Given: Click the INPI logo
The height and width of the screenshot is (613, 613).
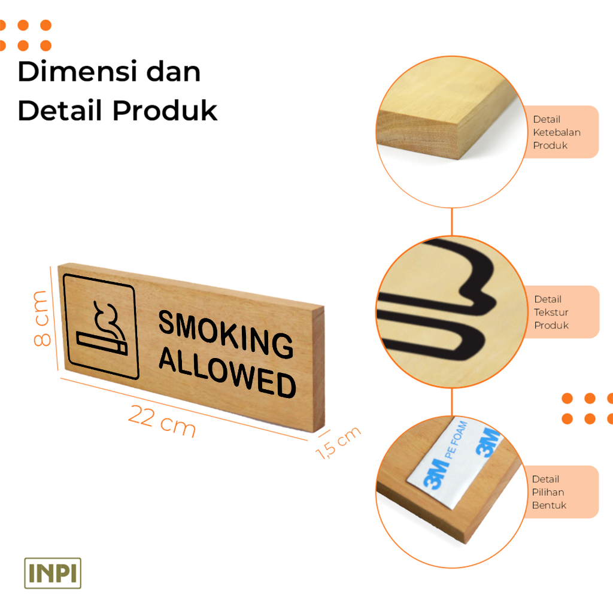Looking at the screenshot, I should (53, 573).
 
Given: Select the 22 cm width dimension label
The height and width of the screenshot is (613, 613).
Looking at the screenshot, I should (162, 421).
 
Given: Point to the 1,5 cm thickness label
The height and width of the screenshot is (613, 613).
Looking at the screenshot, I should (339, 442).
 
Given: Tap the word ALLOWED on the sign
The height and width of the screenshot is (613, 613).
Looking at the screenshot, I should (227, 372).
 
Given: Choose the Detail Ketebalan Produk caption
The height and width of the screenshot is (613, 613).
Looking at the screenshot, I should (557, 132).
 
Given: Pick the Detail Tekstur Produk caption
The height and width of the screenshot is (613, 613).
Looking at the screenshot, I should (551, 312).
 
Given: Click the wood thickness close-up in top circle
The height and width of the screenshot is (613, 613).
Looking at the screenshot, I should (443, 120).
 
